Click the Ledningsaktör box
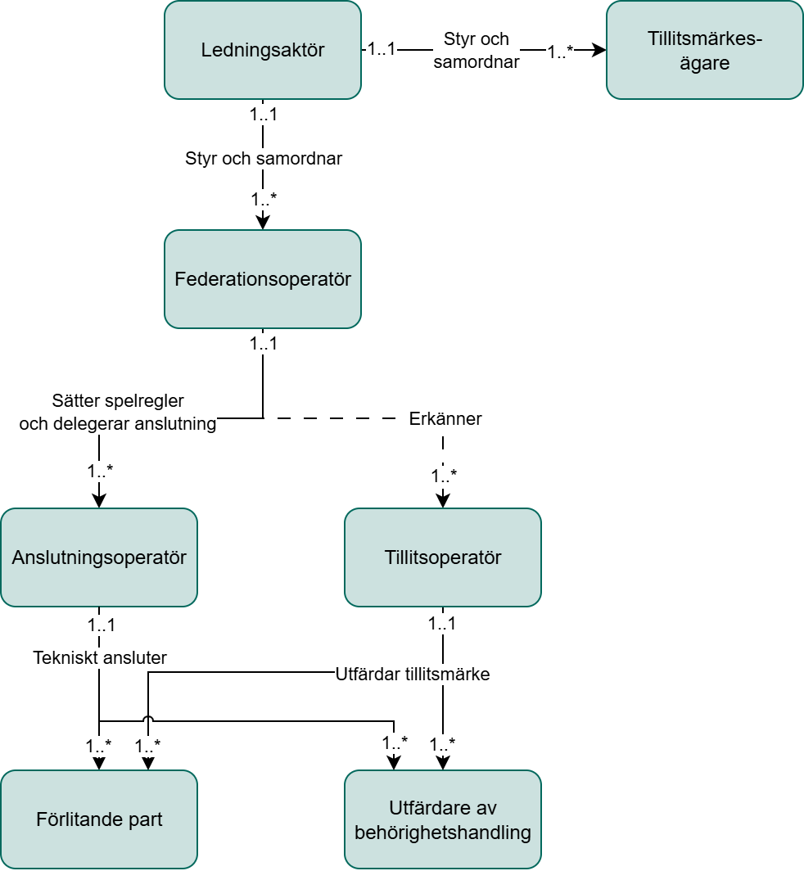(x=263, y=50)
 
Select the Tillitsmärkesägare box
(x=704, y=50)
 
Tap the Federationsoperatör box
(x=263, y=279)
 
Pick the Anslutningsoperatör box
(x=99, y=557)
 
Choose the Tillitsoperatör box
(x=442, y=557)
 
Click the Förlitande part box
(x=99, y=819)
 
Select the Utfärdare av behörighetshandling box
(x=442, y=819)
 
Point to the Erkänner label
(x=445, y=419)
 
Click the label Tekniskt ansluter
(x=100, y=657)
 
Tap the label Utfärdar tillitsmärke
(x=413, y=675)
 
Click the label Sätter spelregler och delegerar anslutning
(x=117, y=413)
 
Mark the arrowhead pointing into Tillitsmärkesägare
(x=599, y=50)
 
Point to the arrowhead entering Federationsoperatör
(x=263, y=223)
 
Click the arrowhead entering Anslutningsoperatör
(x=99, y=501)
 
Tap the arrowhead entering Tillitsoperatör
(x=443, y=501)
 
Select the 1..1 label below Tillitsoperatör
(x=442, y=624)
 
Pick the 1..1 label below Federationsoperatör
(x=263, y=344)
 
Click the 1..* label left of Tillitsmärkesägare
(x=561, y=52)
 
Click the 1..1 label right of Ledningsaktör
(x=381, y=49)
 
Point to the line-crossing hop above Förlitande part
(x=148, y=720)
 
